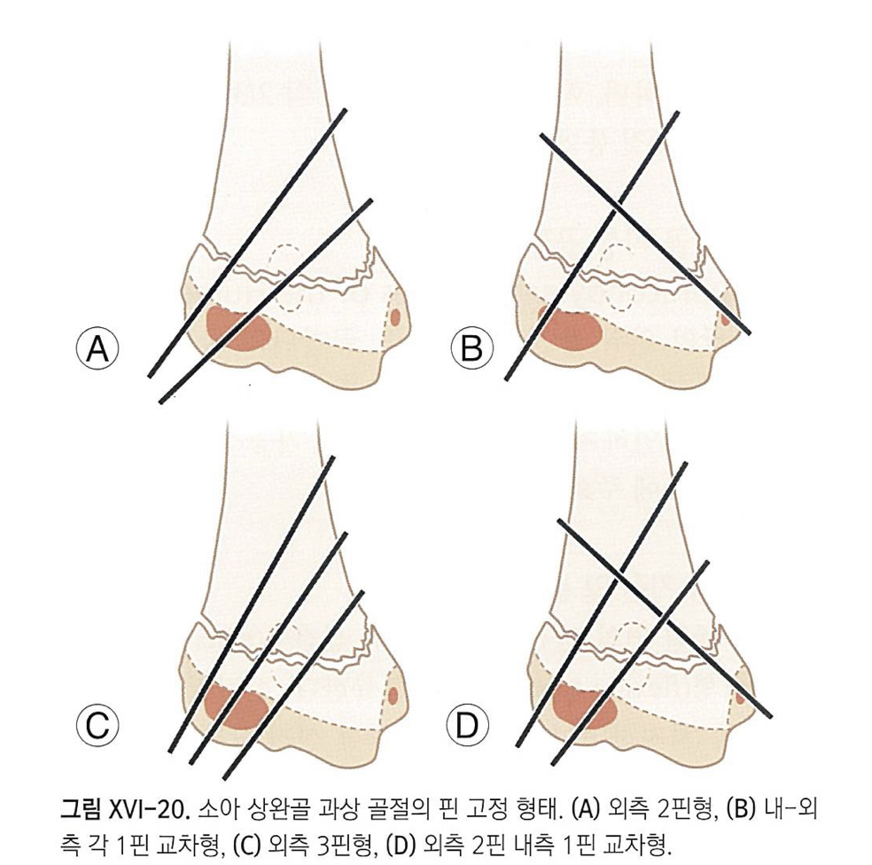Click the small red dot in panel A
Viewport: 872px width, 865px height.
[395, 316]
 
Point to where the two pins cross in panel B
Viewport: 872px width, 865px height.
[614, 210]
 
